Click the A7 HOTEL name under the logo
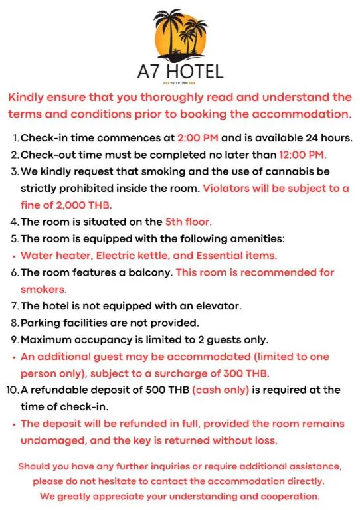(180, 71)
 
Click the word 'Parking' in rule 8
(41, 323)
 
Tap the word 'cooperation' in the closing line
(290, 496)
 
